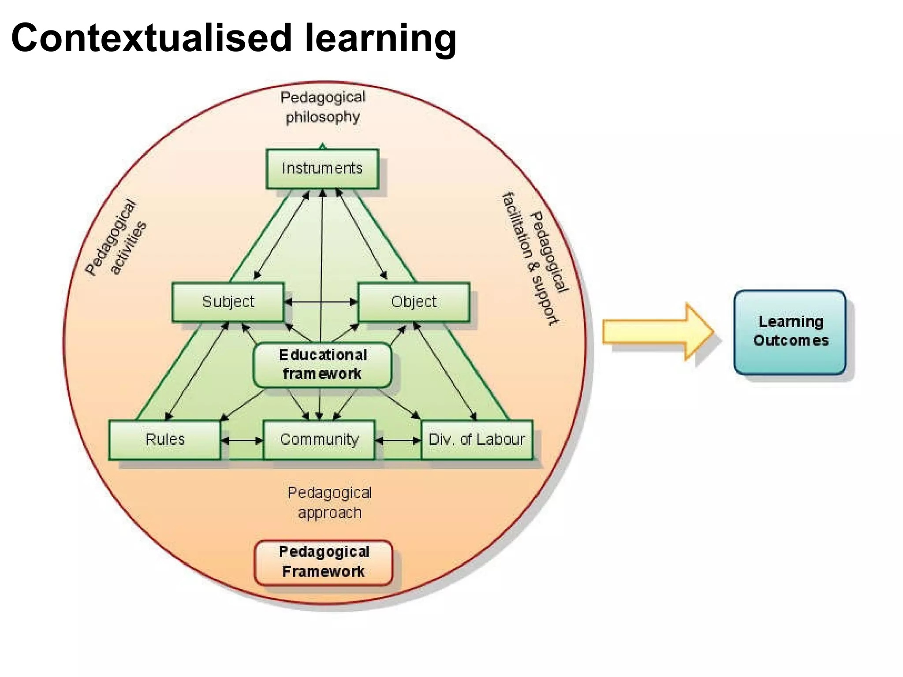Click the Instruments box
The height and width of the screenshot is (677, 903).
322,169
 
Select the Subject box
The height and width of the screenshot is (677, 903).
228,302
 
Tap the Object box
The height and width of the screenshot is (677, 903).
413,302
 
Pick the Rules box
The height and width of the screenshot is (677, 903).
164,440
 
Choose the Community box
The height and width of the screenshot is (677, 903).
319,440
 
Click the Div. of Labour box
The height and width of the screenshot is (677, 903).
477,440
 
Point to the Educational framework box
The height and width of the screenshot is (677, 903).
322,365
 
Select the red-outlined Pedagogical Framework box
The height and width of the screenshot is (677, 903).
324,562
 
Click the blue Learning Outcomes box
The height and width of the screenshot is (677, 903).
790,331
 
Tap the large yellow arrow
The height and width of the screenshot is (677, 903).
657,331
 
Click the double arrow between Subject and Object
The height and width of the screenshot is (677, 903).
321,302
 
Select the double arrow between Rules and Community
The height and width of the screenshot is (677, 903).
242,440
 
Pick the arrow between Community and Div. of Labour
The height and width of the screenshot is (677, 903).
398,440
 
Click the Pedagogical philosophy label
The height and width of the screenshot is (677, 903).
323,107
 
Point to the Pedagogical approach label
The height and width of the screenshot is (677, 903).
329,503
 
